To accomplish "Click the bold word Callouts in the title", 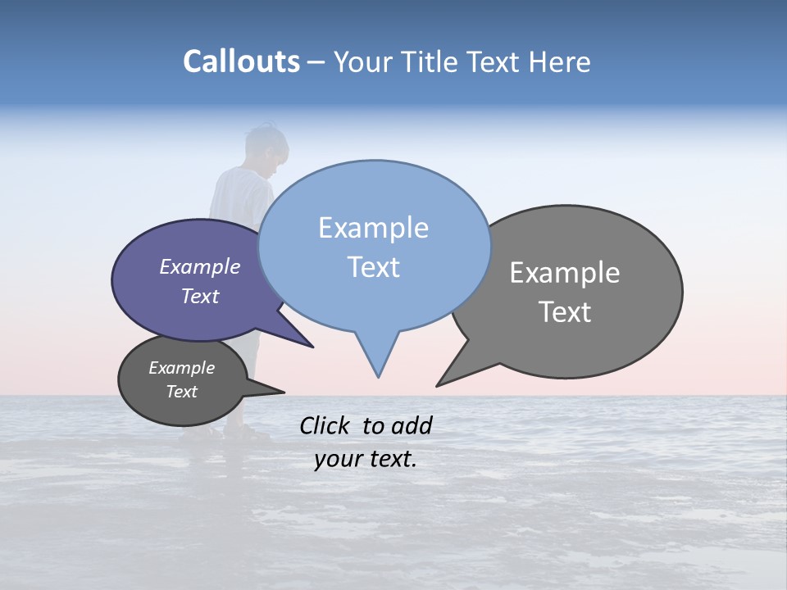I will click(x=241, y=61).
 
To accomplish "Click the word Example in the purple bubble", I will click(x=199, y=266).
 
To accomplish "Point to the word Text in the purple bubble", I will click(x=199, y=296).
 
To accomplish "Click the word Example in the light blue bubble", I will click(x=373, y=228).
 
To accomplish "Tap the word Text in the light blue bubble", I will click(x=373, y=267).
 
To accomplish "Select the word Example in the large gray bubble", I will click(x=565, y=273).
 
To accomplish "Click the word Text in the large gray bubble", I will click(x=565, y=312).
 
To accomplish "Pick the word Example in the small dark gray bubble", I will click(x=181, y=368).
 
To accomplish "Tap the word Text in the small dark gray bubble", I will click(x=181, y=392).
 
